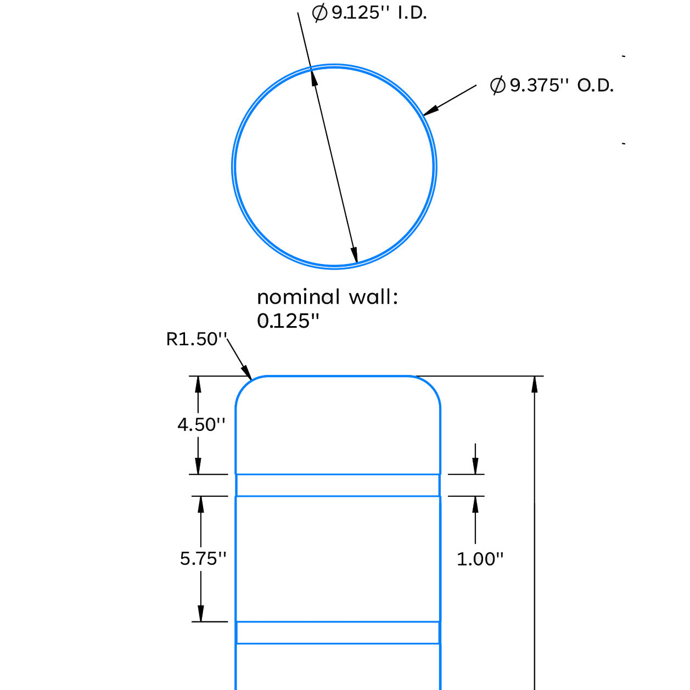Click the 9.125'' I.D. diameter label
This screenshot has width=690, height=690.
tap(369, 13)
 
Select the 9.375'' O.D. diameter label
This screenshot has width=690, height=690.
tap(552, 85)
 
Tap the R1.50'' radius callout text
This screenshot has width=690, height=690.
tap(196, 339)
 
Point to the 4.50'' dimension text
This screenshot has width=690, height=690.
tap(201, 425)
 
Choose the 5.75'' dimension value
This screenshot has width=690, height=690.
tap(203, 558)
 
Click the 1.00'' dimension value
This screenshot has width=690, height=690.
tap(480, 559)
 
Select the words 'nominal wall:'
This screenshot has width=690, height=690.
tap(327, 297)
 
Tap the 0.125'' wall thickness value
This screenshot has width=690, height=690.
tap(288, 321)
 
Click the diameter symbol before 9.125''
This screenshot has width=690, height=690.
tap(319, 13)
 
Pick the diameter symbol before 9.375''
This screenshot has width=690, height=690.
tap(498, 86)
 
